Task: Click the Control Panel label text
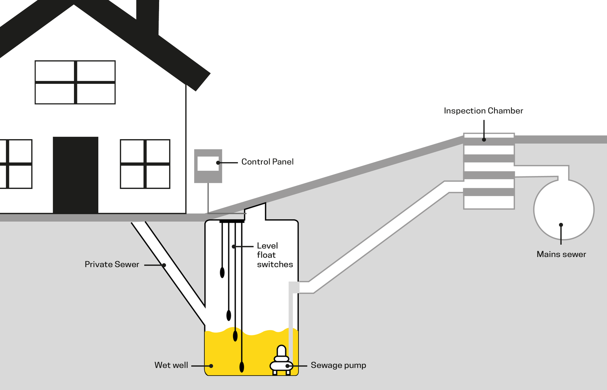point(267,162)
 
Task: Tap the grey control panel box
point(208,166)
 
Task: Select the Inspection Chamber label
point(483,111)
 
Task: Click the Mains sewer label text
point(561,254)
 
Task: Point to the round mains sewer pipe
point(564,210)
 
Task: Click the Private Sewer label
point(112,265)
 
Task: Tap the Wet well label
point(171,365)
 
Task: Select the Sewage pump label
point(338,365)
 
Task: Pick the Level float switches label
point(274,255)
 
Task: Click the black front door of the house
point(76,175)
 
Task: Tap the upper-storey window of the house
point(75,83)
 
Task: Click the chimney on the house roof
point(147,16)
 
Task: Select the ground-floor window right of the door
point(145,164)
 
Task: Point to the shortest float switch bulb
point(222,272)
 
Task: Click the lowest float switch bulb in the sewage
point(242,367)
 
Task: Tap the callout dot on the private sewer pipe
point(164,265)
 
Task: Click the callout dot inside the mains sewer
point(561,225)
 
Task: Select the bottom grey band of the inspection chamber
point(489,192)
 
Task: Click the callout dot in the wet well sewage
point(211,366)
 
